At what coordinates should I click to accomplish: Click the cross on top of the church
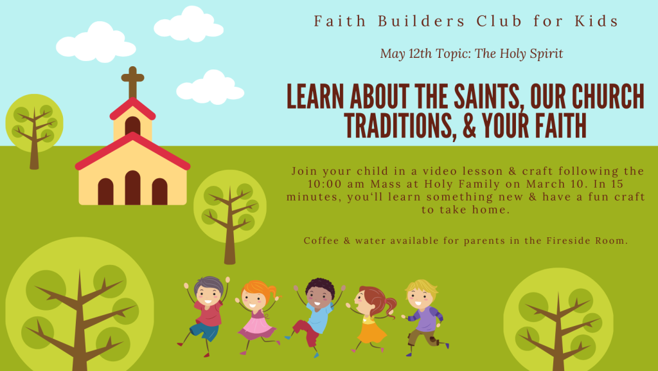(x=132, y=82)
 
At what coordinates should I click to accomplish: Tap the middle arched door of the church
(x=132, y=188)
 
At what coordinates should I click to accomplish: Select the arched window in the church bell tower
(x=132, y=126)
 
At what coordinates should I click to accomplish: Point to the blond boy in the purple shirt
(x=425, y=318)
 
